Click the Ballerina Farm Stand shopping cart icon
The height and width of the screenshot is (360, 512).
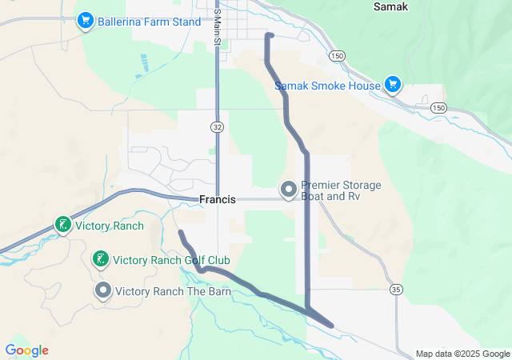(x=85, y=21)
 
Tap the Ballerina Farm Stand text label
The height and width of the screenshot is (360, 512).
(x=150, y=22)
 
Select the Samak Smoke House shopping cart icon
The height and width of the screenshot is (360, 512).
(x=392, y=84)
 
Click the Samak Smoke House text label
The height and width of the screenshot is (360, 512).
(x=327, y=86)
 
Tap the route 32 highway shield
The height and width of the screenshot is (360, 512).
(x=217, y=127)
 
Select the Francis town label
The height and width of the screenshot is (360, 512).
(x=217, y=199)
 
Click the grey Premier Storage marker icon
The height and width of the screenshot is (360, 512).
(x=288, y=190)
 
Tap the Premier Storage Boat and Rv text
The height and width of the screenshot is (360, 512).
(x=341, y=190)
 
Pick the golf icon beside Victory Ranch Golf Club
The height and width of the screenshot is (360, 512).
(x=100, y=259)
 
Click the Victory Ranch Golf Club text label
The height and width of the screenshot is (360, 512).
(x=171, y=260)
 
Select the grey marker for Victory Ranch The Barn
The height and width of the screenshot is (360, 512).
(x=103, y=290)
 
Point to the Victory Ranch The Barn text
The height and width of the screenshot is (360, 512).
(x=174, y=291)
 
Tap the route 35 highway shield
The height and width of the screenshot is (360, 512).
(x=396, y=289)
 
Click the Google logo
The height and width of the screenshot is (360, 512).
(x=26, y=350)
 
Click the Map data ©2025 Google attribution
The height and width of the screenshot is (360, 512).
(x=462, y=354)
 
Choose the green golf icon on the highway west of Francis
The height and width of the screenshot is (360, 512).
(x=62, y=226)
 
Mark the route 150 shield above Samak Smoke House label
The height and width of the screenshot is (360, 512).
(x=337, y=55)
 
